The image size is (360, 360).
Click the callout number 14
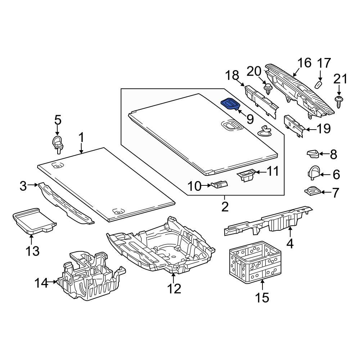41,283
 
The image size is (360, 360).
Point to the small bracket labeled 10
220,185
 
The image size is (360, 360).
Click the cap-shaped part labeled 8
312,154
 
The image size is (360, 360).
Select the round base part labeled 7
312,190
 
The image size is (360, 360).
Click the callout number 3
23,186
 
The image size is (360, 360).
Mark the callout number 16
304,63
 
